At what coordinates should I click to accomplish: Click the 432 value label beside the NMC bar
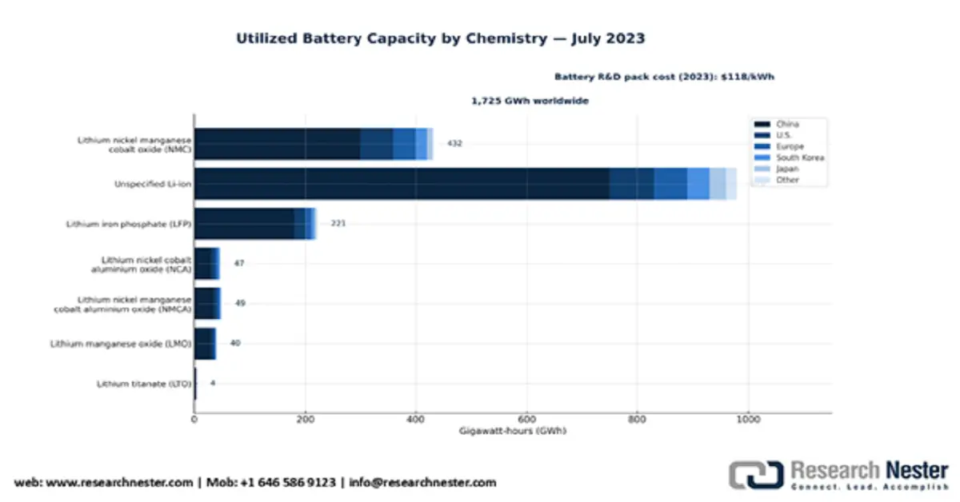coord(454,144)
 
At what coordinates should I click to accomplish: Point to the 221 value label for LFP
coord(338,223)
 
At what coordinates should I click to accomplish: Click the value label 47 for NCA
coord(238,263)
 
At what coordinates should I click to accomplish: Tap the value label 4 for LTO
coord(213,383)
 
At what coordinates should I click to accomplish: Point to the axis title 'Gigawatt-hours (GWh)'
coord(513,431)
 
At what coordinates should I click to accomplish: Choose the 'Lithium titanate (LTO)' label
coord(143,384)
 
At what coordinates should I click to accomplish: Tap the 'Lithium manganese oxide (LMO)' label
coord(121,344)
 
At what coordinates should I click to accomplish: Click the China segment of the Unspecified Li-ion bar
coord(400,184)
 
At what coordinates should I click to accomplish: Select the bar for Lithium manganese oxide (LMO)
coord(204,344)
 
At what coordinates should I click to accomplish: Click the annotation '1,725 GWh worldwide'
coord(530,102)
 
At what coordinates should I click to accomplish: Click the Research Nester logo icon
coord(754,475)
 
